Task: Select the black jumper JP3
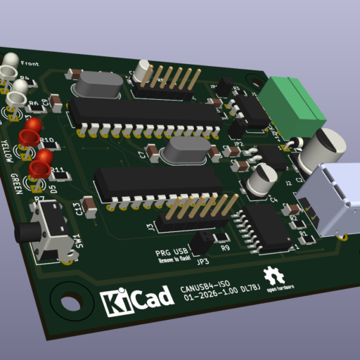click(202, 243)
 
